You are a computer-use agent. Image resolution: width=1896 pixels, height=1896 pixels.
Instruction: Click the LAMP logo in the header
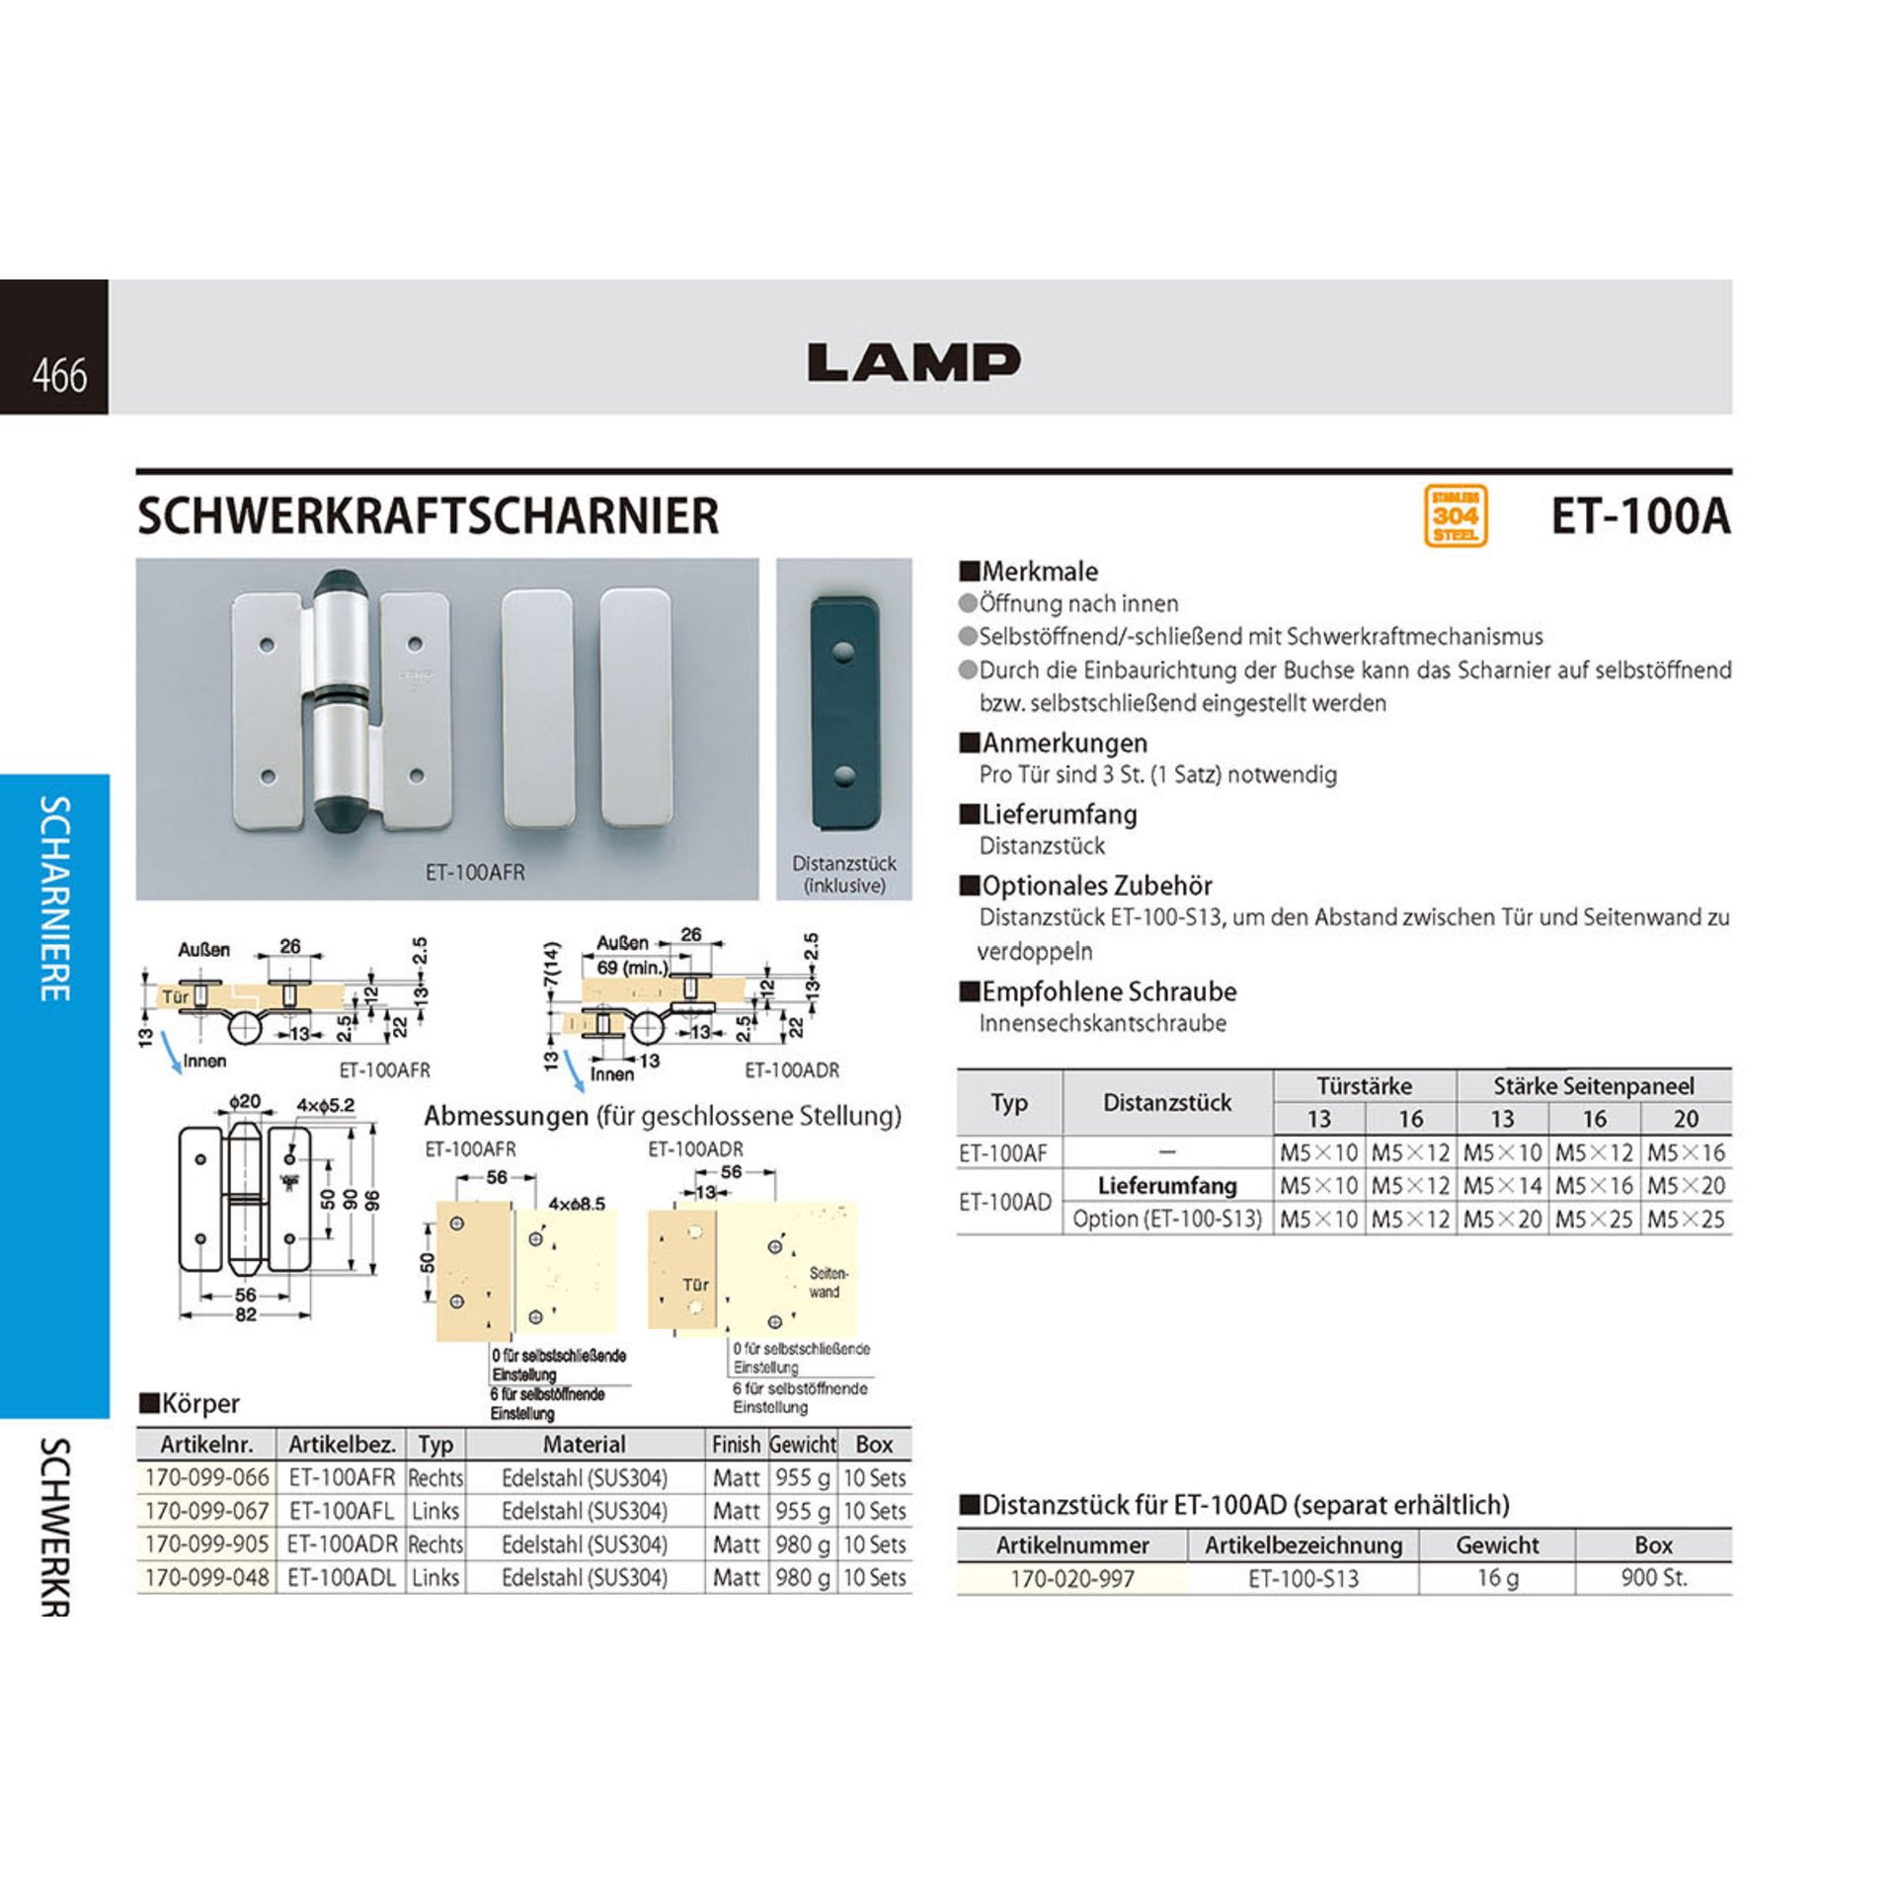click(x=913, y=362)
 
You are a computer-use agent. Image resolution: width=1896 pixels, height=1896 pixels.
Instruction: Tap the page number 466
click(x=59, y=376)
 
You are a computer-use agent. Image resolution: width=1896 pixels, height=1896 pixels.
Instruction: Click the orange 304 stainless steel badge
click(x=1455, y=515)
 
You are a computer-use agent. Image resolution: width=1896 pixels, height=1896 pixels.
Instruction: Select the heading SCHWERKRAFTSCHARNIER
click(x=428, y=516)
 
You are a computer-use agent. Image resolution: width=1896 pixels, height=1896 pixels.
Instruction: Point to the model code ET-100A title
click(x=1640, y=516)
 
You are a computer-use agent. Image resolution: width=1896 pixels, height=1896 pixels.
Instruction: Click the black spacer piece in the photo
click(x=843, y=712)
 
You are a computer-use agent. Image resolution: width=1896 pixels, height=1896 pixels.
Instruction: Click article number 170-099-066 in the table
click(x=206, y=1478)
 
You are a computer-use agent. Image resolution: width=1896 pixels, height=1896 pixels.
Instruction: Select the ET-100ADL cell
click(x=342, y=1578)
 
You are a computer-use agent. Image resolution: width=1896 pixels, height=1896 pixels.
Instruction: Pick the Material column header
click(x=584, y=1445)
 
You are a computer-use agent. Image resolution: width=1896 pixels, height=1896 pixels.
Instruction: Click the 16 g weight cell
click(x=1497, y=1578)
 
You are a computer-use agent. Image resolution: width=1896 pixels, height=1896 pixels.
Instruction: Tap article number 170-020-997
click(x=1072, y=1579)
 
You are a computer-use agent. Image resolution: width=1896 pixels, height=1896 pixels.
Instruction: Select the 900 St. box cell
click(x=1653, y=1578)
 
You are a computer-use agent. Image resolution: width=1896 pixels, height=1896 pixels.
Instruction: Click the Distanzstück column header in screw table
click(x=1166, y=1102)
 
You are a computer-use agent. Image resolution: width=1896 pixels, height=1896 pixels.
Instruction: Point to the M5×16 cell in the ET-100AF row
click(x=1686, y=1152)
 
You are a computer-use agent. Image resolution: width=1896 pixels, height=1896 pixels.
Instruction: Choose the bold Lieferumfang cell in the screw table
click(x=1166, y=1185)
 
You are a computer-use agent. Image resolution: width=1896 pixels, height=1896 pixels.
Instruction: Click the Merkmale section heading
click(x=1039, y=572)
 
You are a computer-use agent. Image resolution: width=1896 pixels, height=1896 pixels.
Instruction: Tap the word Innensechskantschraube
click(x=1102, y=1023)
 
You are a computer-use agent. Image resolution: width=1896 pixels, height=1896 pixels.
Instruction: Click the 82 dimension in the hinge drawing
click(x=246, y=1314)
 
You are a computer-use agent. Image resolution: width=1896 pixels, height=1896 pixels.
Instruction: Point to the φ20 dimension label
click(x=244, y=1102)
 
